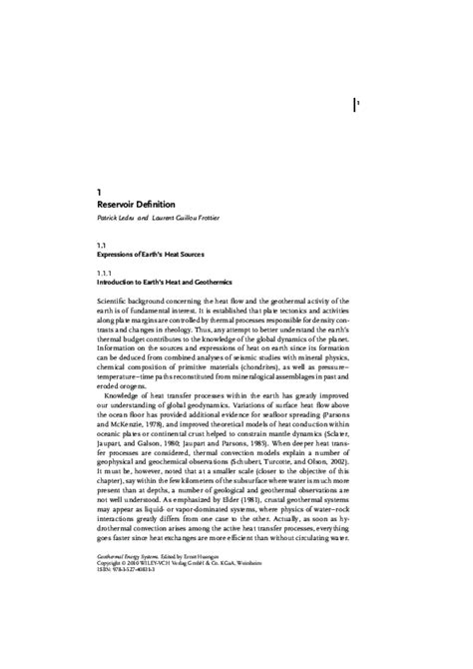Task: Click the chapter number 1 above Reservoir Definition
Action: (99, 191)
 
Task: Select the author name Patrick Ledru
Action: (119, 220)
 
